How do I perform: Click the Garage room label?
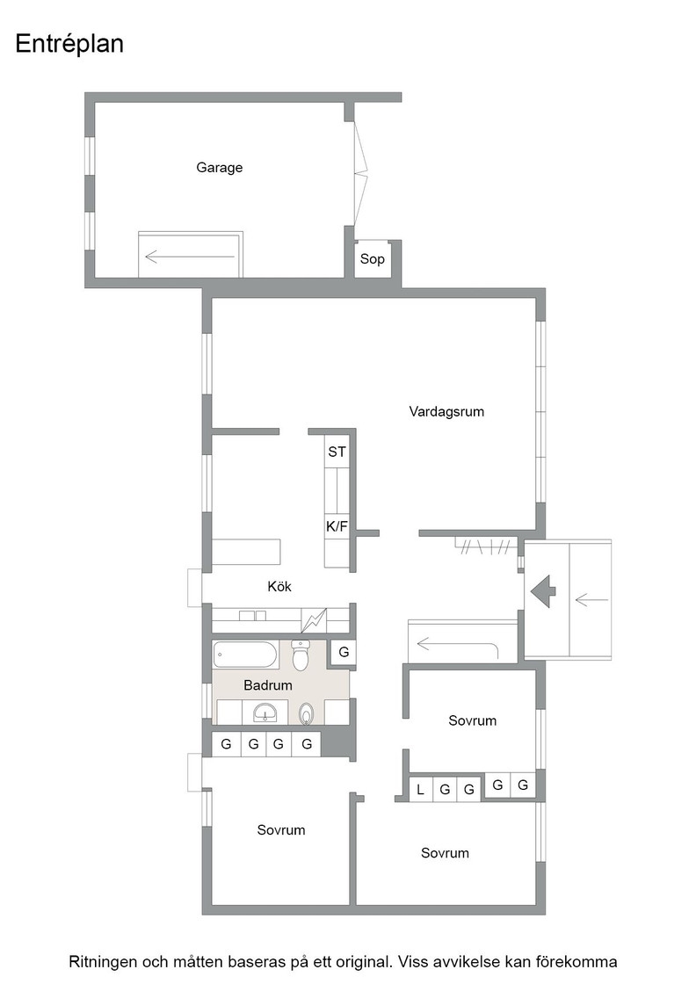(219, 168)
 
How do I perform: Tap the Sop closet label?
(372, 258)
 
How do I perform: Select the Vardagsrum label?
(446, 412)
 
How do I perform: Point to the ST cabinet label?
(337, 452)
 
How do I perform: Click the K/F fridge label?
(337, 526)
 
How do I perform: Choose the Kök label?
(279, 586)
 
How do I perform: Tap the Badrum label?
(268, 685)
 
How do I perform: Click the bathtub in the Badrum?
(245, 655)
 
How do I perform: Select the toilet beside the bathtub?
(301, 655)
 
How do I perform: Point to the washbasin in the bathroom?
(265, 713)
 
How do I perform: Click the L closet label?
(420, 790)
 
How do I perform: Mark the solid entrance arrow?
(543, 591)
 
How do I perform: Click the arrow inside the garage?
(190, 256)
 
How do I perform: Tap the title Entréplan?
(69, 44)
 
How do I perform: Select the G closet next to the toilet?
(344, 652)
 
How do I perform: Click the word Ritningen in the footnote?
(102, 962)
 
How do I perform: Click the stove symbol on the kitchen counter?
(314, 620)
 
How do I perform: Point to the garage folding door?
(359, 173)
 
